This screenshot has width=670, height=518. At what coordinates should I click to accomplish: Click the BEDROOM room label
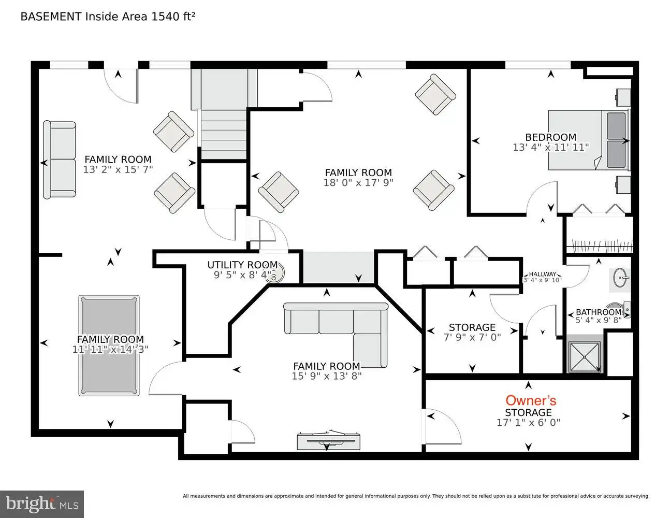pos(551,137)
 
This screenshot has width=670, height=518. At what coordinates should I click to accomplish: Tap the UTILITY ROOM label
pos(243,265)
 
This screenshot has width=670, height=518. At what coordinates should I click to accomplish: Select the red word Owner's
pos(531,400)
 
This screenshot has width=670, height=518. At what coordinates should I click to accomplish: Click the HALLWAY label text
pos(543,274)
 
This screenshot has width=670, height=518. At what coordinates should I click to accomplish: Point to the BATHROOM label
pos(599,312)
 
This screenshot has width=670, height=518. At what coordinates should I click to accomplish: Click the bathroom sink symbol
pos(619,278)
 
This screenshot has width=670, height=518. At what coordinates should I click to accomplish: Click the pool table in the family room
pos(109,346)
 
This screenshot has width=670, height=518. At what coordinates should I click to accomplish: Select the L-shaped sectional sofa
pos(336,335)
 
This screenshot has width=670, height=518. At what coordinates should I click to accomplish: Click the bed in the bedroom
pos(589,140)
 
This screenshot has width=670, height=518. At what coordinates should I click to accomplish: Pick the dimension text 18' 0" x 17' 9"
pos(358,182)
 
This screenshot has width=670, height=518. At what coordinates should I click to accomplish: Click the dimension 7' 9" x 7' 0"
pos(472,337)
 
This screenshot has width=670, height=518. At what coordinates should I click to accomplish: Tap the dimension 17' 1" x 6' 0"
pos(528,422)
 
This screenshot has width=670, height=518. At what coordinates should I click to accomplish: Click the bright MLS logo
pos(42,504)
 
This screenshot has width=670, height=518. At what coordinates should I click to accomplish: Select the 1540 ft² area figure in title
pos(173,17)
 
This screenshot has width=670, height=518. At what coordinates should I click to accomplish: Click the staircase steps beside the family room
pos(224,134)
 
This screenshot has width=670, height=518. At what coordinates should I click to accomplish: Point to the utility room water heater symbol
pos(275,273)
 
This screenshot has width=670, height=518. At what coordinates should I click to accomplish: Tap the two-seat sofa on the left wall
pos(60,160)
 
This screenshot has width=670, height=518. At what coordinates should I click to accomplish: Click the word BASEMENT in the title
pos(51,17)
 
